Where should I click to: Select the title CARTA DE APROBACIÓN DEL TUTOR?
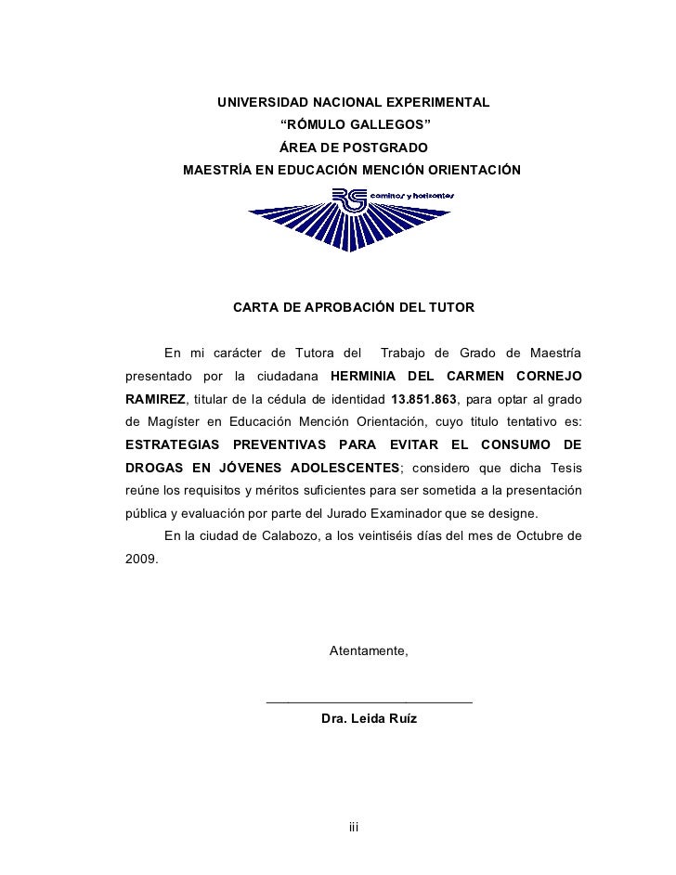(353, 306)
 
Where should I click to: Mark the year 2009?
(140, 560)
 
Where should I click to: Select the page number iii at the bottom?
(353, 826)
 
